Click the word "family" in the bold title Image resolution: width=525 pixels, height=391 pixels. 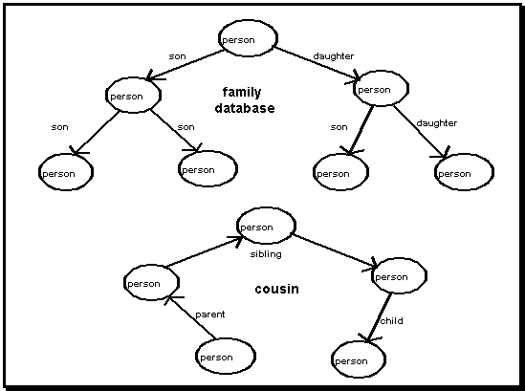[242, 93]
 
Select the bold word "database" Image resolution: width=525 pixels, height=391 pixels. [245, 108]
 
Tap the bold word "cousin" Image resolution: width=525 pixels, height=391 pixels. [277, 289]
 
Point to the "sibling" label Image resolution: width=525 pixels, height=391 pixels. [266, 254]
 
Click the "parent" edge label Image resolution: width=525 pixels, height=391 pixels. [210, 315]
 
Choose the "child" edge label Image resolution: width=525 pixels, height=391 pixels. [392, 321]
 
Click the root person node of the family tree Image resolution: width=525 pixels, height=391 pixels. [248, 38]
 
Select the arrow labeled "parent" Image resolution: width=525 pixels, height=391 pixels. [190, 316]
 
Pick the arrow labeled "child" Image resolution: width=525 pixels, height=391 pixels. [379, 317]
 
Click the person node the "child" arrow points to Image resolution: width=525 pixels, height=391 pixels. [359, 359]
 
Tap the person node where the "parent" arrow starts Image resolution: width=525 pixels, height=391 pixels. [226, 356]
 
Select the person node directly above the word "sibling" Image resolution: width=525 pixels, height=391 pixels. [266, 226]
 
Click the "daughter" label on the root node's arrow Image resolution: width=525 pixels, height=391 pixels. [334, 56]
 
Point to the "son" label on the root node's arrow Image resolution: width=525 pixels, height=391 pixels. [178, 56]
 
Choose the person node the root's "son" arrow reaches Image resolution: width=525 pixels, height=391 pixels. [133, 95]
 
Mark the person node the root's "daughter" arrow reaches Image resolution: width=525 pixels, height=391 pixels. [381, 88]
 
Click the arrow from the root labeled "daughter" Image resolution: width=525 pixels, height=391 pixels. [317, 64]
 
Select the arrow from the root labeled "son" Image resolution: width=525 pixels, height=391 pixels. [186, 65]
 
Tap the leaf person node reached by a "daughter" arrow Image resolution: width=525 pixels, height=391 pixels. [464, 172]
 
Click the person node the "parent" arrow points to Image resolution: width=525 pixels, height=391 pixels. [151, 282]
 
